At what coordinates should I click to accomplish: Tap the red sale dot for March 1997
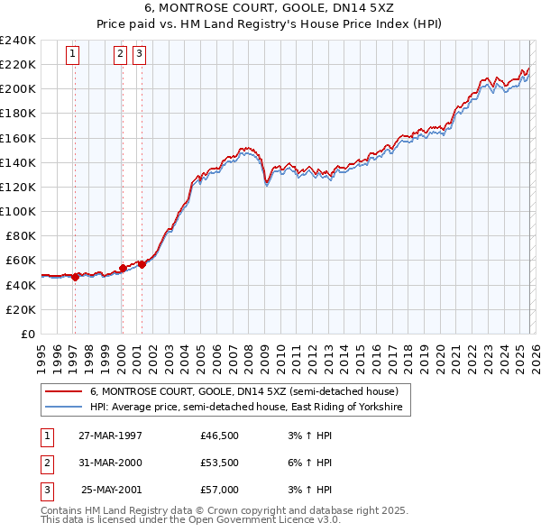pos(75,278)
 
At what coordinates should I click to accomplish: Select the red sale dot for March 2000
pos(123,269)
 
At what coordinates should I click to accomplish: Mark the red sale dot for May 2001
pos(142,264)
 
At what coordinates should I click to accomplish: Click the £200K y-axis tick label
pos(18,88)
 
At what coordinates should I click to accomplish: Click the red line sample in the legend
pos(64,392)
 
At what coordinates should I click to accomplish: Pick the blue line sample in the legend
pos(64,408)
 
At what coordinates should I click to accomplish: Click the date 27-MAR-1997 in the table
pos(110,436)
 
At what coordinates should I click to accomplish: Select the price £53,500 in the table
pos(219,463)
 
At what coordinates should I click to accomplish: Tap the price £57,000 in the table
pos(219,490)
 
